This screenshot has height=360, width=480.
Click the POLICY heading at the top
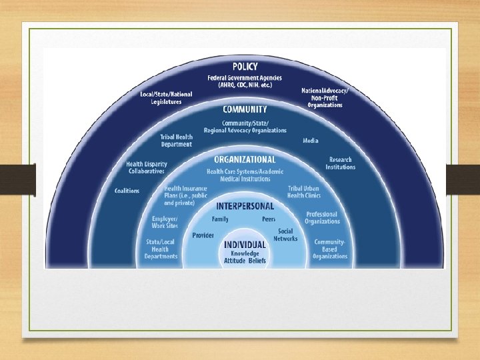pyautogui.click(x=245, y=67)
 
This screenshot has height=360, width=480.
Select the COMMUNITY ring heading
pyautogui.click(x=245, y=109)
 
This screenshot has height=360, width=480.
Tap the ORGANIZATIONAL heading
pyautogui.click(x=245, y=160)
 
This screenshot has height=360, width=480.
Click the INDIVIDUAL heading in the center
pyautogui.click(x=245, y=244)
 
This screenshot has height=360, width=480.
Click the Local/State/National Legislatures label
pyautogui.click(x=166, y=97)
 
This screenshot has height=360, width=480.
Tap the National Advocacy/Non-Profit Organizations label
pyautogui.click(x=325, y=97)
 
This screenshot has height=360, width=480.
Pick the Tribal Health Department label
pyautogui.click(x=176, y=141)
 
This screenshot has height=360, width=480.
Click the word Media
pyautogui.click(x=310, y=141)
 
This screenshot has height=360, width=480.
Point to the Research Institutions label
pyautogui.click(x=340, y=163)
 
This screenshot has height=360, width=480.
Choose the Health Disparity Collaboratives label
pyautogui.click(x=145, y=167)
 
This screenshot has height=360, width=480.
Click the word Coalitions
pyautogui.click(x=127, y=191)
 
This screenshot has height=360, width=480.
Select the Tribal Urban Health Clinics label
pyautogui.click(x=304, y=192)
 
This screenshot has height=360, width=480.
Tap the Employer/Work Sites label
pyautogui.click(x=164, y=222)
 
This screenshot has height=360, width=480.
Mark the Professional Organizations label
pyautogui.click(x=321, y=218)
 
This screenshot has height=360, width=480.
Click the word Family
pyautogui.click(x=220, y=219)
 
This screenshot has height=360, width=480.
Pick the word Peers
pyautogui.click(x=269, y=219)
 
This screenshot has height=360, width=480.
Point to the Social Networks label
pyautogui.click(x=285, y=235)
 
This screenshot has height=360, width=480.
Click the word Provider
pyautogui.click(x=203, y=235)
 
